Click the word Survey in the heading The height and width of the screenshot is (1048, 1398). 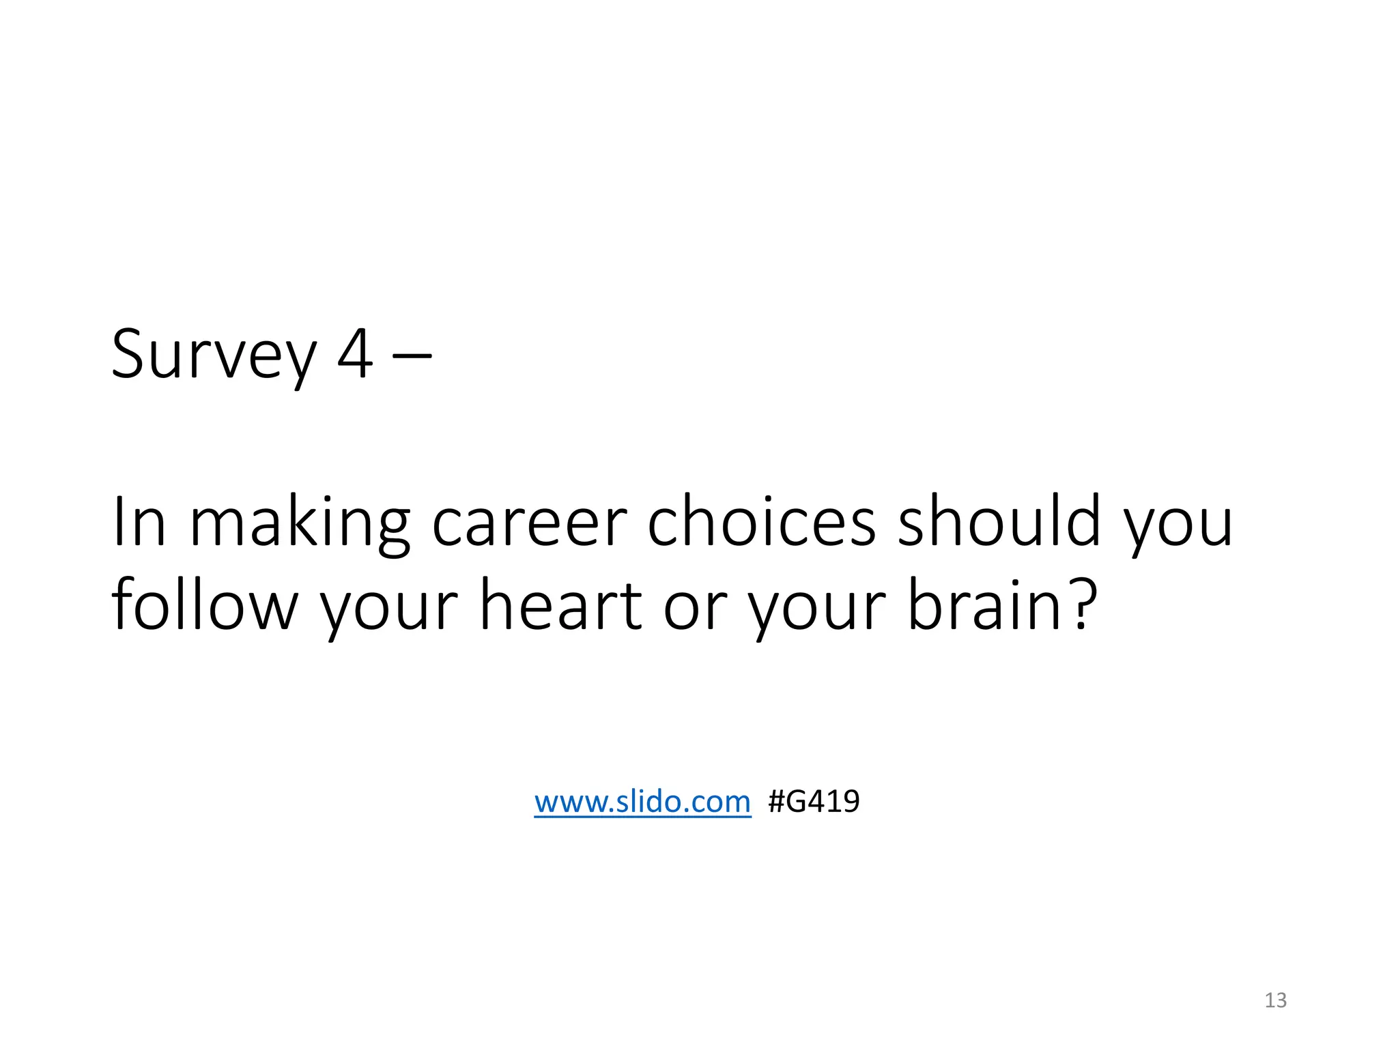pyautogui.click(x=214, y=355)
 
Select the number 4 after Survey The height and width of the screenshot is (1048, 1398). pyautogui.click(x=355, y=353)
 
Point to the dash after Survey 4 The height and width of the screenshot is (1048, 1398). pyautogui.click(x=412, y=355)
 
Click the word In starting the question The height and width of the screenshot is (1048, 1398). pyautogui.click(x=139, y=522)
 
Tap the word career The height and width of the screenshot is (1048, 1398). pyautogui.click(x=529, y=524)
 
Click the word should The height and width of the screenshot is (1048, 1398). pyautogui.click(x=999, y=522)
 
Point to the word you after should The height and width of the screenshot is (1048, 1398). pyautogui.click(x=1178, y=529)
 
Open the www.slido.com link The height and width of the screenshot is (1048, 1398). pyautogui.click(x=642, y=801)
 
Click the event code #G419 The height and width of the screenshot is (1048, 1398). pyautogui.click(x=814, y=801)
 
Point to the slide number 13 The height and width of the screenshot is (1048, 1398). pyautogui.click(x=1275, y=1000)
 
